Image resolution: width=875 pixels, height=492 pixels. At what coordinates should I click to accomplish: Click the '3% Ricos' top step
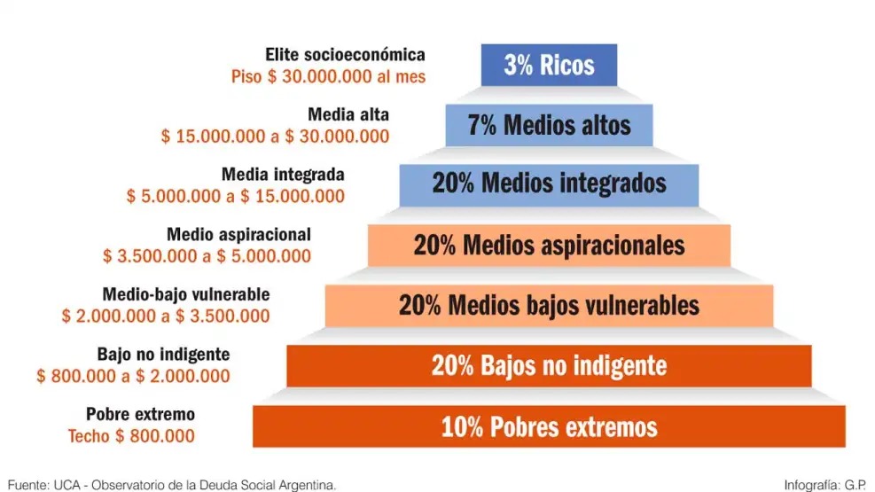pos(549,65)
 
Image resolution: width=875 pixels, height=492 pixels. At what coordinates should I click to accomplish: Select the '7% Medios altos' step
pos(549,125)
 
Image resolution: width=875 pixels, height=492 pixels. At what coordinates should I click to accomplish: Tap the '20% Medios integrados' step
pos(549,184)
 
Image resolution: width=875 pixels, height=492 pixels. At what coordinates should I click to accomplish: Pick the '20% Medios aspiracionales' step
pos(549,245)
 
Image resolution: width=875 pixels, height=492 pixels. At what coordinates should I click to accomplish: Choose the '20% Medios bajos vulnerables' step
pos(549,305)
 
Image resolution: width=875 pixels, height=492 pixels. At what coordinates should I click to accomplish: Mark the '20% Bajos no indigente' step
pos(549,365)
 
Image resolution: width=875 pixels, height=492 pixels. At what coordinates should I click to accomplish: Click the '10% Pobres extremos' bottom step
pos(549,426)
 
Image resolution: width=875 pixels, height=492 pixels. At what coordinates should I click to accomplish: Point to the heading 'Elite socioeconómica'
pos(346,56)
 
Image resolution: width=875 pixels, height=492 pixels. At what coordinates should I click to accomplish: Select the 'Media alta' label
pos(348,114)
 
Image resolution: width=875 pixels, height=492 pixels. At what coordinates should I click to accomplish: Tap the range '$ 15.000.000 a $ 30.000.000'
pos(275,137)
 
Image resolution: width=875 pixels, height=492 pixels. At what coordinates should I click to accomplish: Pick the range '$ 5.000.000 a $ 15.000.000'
pos(236,196)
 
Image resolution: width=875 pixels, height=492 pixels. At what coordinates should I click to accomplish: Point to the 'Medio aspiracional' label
pos(239,234)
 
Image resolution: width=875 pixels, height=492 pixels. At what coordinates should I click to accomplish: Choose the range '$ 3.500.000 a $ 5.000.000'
pos(207,256)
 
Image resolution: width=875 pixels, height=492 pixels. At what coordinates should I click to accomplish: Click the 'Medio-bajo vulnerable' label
pos(186,293)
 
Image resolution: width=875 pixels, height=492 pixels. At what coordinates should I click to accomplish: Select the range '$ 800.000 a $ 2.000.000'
pos(133,376)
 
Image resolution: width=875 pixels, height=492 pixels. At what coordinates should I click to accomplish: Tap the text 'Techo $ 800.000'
pos(131,436)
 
